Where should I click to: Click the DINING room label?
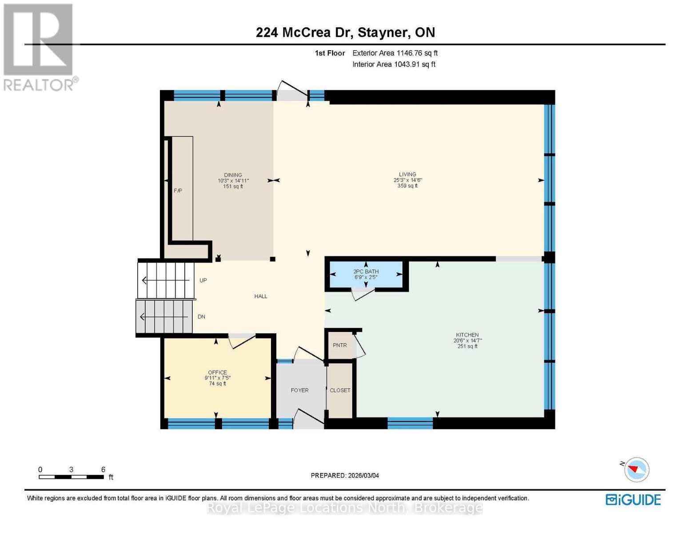click(233, 175)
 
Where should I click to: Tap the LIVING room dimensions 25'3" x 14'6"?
click(407, 180)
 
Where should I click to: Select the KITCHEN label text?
click(467, 335)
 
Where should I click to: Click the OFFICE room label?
click(217, 373)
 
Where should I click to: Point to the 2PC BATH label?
click(366, 271)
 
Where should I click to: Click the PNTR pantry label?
click(340, 345)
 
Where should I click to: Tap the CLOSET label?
click(340, 390)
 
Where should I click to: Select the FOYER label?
click(299, 390)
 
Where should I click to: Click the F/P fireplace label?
click(178, 191)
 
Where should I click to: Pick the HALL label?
click(261, 296)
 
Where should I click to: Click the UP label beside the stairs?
click(203, 280)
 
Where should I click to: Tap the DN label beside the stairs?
click(201, 317)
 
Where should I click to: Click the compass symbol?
click(636, 469)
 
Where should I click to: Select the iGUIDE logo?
click(633, 500)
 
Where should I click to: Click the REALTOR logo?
click(39, 47)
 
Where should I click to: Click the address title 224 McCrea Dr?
click(345, 32)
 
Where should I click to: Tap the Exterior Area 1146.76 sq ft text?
click(395, 53)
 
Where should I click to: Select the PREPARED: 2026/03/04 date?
click(345, 475)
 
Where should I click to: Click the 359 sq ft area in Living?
click(407, 186)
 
